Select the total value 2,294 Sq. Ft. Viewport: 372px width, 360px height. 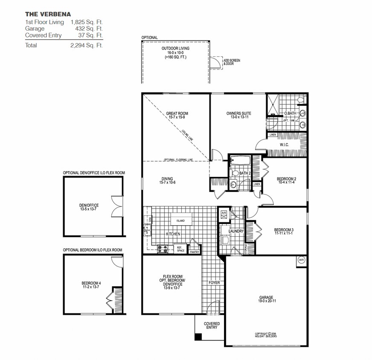click(87, 45)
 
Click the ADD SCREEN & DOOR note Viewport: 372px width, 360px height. click(232, 62)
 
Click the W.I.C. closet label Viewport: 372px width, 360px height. click(285, 145)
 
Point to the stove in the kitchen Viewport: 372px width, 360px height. click(163, 248)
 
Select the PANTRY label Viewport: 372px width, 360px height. click(194, 252)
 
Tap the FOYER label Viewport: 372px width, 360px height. click(213, 283)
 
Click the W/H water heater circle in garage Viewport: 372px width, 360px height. click(301, 260)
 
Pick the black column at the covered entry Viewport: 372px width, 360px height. click(198, 337)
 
